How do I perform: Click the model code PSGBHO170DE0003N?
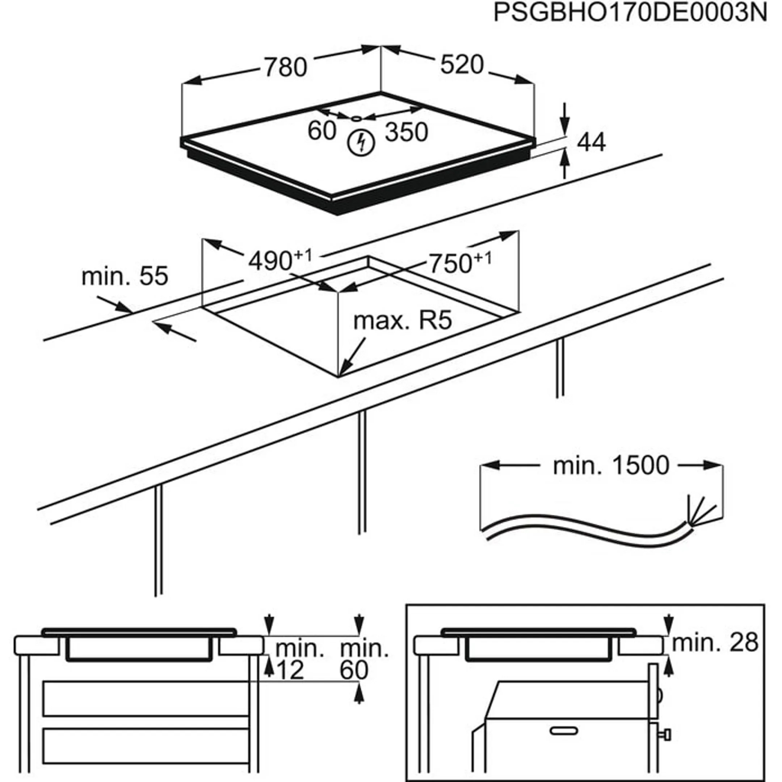(x=630, y=14)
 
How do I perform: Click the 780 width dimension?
(x=286, y=67)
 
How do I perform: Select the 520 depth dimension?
(x=462, y=64)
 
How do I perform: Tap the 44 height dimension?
(x=591, y=143)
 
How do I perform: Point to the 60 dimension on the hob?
(x=322, y=131)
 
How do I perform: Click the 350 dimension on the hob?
(x=406, y=133)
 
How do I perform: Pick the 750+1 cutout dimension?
(x=459, y=263)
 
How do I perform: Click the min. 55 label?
(x=125, y=277)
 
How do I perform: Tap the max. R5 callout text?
(x=402, y=321)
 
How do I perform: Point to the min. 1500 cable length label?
(x=611, y=466)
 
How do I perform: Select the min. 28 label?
(x=715, y=642)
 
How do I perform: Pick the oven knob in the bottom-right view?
(x=666, y=734)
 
